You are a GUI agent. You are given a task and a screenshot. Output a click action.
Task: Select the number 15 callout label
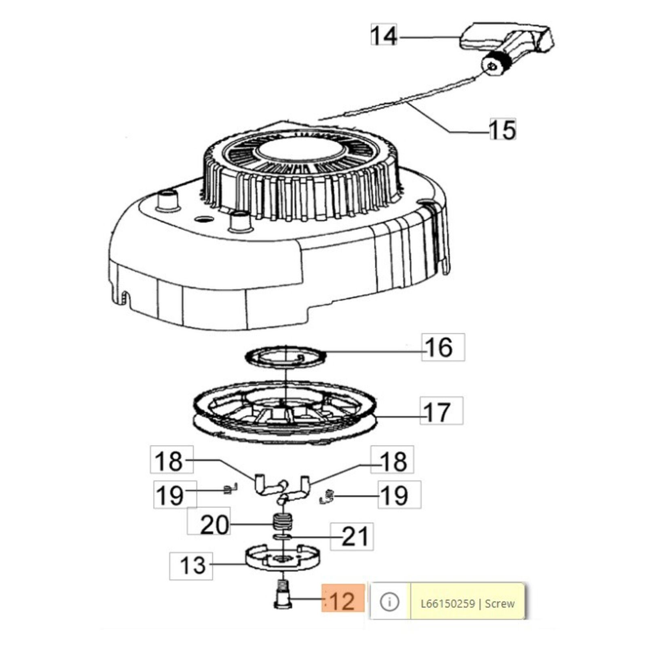503,129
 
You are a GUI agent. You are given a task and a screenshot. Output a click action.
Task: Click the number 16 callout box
443,347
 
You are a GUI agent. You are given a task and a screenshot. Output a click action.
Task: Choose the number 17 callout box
442,410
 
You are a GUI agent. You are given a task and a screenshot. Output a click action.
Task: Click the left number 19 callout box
175,494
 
